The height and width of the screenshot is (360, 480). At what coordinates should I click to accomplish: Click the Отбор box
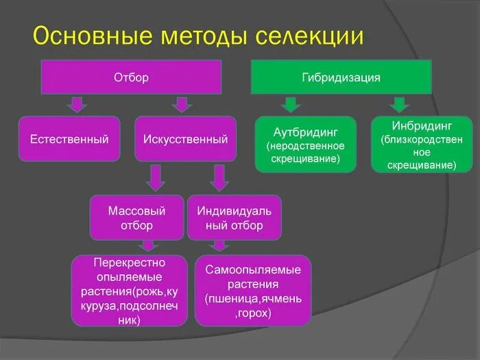click(130, 77)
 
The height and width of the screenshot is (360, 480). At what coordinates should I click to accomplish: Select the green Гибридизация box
click(341, 77)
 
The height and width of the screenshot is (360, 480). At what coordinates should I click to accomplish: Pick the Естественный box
click(69, 139)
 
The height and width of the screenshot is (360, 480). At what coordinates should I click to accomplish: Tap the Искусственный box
click(185, 139)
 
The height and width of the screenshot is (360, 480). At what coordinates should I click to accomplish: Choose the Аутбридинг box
click(306, 145)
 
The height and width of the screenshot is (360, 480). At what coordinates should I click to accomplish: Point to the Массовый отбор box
click(137, 217)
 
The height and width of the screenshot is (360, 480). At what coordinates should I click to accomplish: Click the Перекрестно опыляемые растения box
click(129, 290)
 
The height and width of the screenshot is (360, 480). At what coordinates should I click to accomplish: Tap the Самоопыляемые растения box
click(253, 290)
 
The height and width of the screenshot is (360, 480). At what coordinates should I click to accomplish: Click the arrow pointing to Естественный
click(76, 104)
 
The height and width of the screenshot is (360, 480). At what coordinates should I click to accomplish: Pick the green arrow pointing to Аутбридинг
click(291, 104)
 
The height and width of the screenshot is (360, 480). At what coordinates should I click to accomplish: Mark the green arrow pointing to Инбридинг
click(399, 104)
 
